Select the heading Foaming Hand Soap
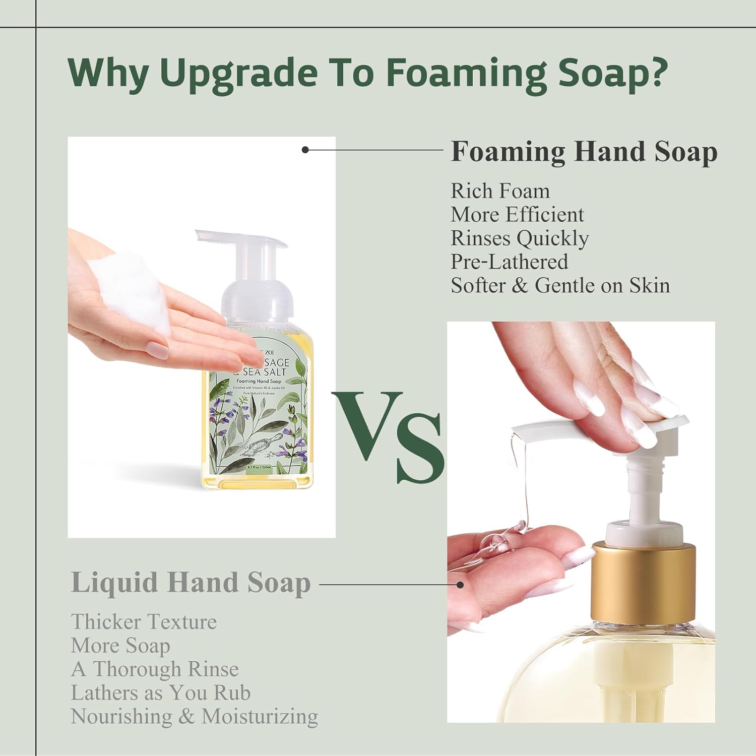tap(584, 151)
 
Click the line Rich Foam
tap(500, 191)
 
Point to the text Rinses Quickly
tap(519, 238)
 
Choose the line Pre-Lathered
tap(509, 262)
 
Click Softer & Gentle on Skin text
tap(560, 285)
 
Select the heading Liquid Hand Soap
tap(191, 583)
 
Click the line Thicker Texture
tap(144, 621)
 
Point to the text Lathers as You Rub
tap(160, 692)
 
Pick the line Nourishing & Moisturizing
tap(194, 716)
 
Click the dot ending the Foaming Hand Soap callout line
tap(305, 150)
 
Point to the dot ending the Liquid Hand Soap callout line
tap(460, 585)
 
